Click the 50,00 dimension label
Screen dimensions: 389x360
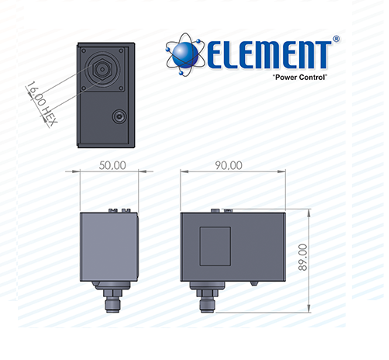[x=112, y=165]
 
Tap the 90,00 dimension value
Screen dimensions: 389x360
[x=229, y=165]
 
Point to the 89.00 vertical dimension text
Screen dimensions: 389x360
[x=303, y=257]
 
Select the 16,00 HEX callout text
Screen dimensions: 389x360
[x=41, y=103]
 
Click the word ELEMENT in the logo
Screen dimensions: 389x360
[x=269, y=55]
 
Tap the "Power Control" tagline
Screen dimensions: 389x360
[x=300, y=77]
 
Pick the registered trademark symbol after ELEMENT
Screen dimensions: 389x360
[x=336, y=39]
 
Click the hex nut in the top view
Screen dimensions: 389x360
[x=102, y=69]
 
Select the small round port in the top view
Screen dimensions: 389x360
[x=119, y=116]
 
